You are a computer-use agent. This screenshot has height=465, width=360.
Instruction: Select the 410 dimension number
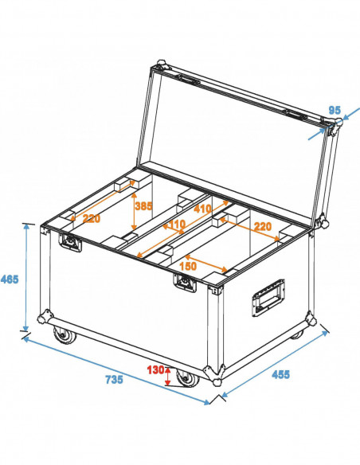(x=203, y=209)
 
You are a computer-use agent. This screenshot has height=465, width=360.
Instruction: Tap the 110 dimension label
(x=177, y=225)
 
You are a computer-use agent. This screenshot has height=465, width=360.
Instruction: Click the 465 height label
(x=10, y=279)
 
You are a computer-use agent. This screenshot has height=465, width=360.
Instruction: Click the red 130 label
(x=155, y=369)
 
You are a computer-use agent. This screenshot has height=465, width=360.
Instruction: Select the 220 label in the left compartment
(x=91, y=219)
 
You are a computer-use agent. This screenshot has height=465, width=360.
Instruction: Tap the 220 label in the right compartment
(x=263, y=227)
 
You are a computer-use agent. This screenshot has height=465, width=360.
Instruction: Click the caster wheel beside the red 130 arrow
(x=187, y=378)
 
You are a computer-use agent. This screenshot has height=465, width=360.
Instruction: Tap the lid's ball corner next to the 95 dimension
(x=337, y=122)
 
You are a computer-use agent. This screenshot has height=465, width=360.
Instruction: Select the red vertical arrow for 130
(x=167, y=374)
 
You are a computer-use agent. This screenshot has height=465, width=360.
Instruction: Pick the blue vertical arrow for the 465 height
(x=27, y=278)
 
